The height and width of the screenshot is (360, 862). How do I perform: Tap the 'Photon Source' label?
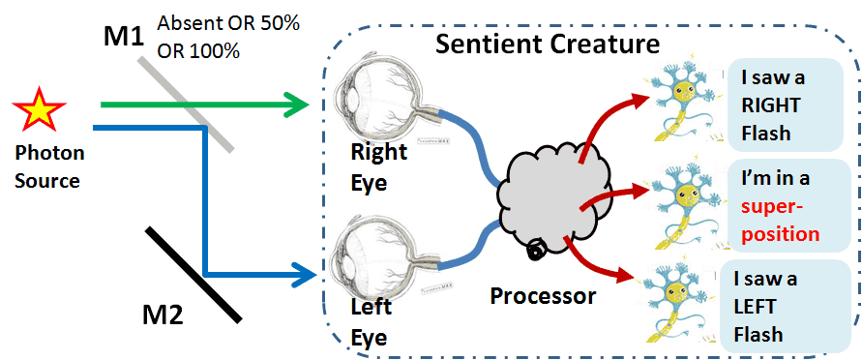click(49, 166)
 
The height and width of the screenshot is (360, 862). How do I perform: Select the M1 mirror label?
click(125, 36)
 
